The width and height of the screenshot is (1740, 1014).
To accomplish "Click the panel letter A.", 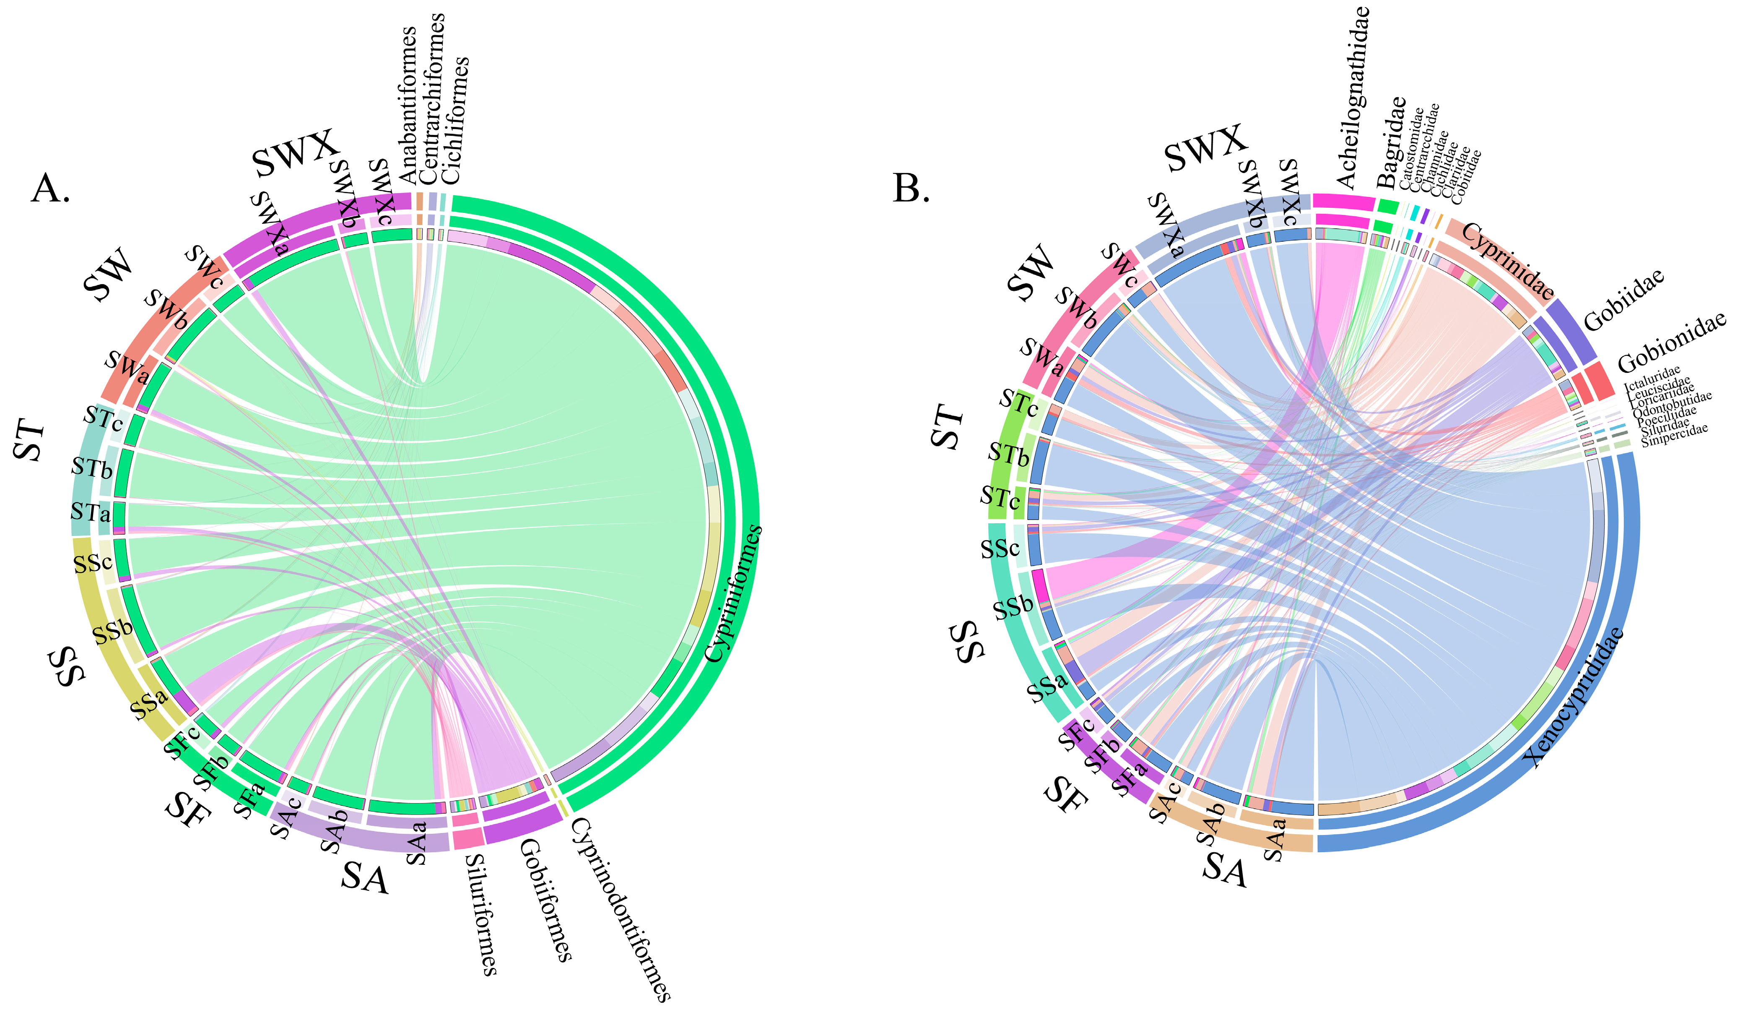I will tap(50, 189).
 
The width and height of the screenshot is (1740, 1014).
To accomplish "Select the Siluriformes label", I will tap(480, 915).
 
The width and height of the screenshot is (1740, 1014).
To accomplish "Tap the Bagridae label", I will tap(1391, 142).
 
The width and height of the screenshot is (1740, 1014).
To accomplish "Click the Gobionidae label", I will tap(1671, 341).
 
